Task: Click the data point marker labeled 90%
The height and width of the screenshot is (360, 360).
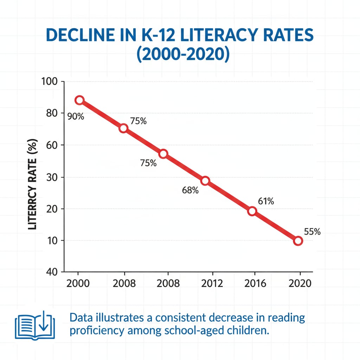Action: pyautogui.click(x=79, y=100)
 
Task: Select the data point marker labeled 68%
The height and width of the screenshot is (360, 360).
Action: pyautogui.click(x=205, y=181)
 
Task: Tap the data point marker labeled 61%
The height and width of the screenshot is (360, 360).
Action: pyautogui.click(x=252, y=211)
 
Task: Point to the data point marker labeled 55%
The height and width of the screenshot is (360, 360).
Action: pyautogui.click(x=298, y=241)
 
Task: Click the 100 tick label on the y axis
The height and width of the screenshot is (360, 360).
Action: pyautogui.click(x=51, y=81)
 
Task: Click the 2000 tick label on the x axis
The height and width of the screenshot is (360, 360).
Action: pyautogui.click(x=78, y=283)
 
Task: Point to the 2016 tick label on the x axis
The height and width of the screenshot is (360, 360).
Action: pyautogui.click(x=255, y=283)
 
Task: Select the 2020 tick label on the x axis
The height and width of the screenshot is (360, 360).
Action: pyautogui.click(x=300, y=283)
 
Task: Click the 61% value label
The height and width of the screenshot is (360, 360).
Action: pyautogui.click(x=266, y=201)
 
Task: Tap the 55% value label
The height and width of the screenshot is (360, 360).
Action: pyautogui.click(x=312, y=232)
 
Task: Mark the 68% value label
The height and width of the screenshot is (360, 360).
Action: pyautogui.click(x=191, y=191)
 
